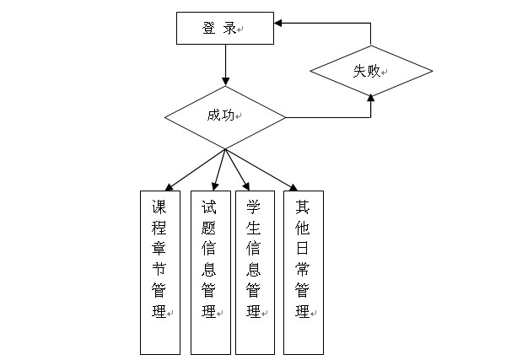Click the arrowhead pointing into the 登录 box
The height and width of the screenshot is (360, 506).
277,23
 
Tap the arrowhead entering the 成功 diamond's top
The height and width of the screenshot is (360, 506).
225,82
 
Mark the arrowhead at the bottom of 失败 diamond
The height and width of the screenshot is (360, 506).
371,98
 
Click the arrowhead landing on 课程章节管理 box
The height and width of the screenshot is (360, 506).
170,187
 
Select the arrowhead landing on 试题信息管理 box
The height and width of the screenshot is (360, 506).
215,186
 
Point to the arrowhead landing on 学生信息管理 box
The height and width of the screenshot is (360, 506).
246,186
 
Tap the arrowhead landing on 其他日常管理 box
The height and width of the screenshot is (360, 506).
293,187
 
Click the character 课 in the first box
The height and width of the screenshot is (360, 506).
159,207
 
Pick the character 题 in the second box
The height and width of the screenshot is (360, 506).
208,228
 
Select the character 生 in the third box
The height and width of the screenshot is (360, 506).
253,228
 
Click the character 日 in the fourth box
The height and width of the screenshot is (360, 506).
302,249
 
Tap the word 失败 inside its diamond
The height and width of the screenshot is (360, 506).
367,71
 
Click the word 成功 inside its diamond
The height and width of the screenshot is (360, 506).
221,116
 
